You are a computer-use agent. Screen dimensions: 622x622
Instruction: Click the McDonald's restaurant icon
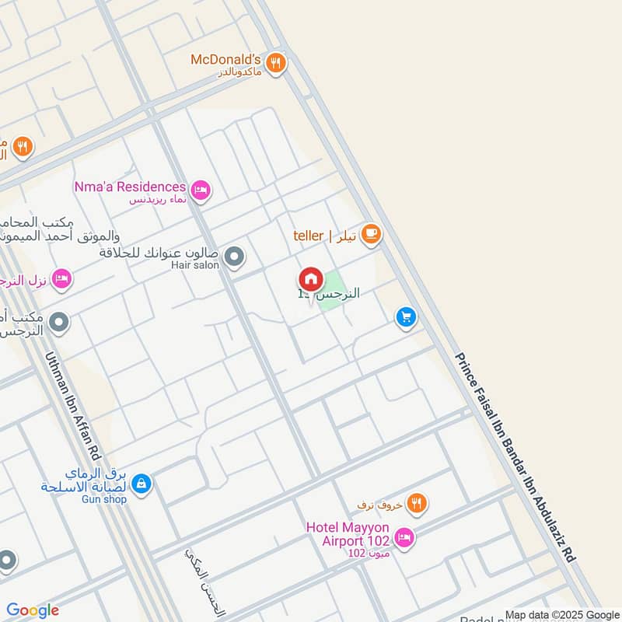tap(275, 63)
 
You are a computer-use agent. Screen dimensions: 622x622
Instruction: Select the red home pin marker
tap(310, 279)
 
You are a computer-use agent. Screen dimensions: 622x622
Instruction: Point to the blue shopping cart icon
tap(405, 317)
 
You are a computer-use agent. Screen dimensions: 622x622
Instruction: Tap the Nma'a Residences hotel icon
tap(201, 189)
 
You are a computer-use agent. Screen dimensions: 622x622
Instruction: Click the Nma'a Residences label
tap(130, 187)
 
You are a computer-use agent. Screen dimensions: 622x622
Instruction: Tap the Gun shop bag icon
tap(141, 484)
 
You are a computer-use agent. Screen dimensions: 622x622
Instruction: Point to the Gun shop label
tap(103, 499)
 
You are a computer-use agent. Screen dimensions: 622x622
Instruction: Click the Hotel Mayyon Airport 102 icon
tap(404, 536)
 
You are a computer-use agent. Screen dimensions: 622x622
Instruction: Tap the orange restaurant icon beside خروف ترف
tap(418, 505)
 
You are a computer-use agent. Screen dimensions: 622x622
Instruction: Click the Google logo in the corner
tap(33, 610)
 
